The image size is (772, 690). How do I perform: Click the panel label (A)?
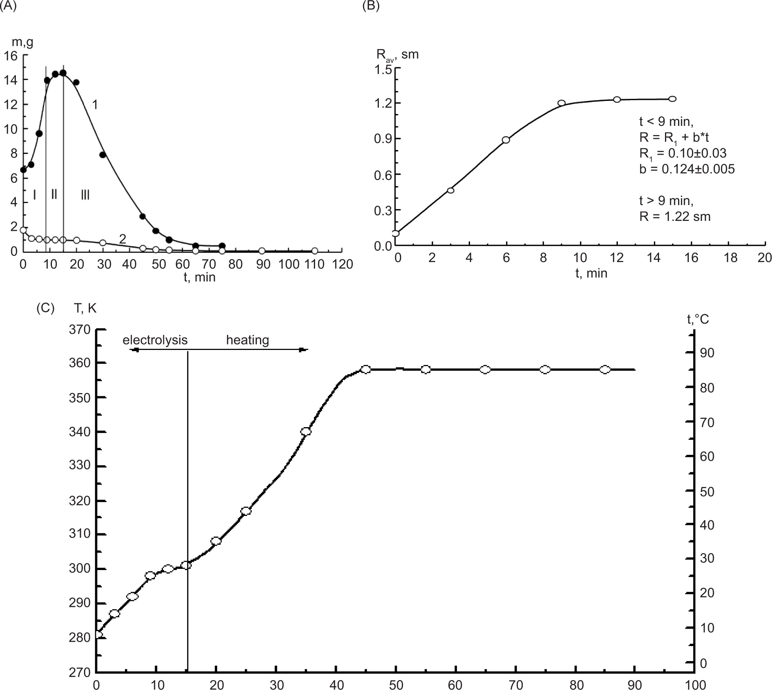click(x=8, y=6)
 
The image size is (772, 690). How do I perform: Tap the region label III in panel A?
click(x=85, y=194)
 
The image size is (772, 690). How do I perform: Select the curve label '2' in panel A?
click(x=122, y=238)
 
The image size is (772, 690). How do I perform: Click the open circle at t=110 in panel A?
click(x=315, y=251)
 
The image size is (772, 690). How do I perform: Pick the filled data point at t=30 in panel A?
click(x=103, y=155)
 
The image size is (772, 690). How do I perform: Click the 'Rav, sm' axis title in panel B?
click(x=397, y=54)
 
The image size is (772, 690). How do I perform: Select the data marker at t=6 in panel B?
click(x=506, y=140)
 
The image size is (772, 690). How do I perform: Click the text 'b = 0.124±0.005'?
click(x=687, y=169)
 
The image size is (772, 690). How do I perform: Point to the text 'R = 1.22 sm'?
click(x=675, y=217)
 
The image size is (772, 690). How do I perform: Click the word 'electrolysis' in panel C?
click(x=155, y=340)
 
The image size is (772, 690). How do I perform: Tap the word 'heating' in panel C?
click(x=247, y=340)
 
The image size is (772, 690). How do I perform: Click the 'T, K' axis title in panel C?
click(x=85, y=308)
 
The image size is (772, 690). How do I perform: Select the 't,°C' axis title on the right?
click(x=698, y=319)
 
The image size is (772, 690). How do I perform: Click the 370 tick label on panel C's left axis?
click(x=80, y=329)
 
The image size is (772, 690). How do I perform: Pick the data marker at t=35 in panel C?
click(x=306, y=431)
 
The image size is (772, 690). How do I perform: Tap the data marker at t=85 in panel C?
click(x=605, y=369)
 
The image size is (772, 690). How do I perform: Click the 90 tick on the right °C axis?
click(x=706, y=353)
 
